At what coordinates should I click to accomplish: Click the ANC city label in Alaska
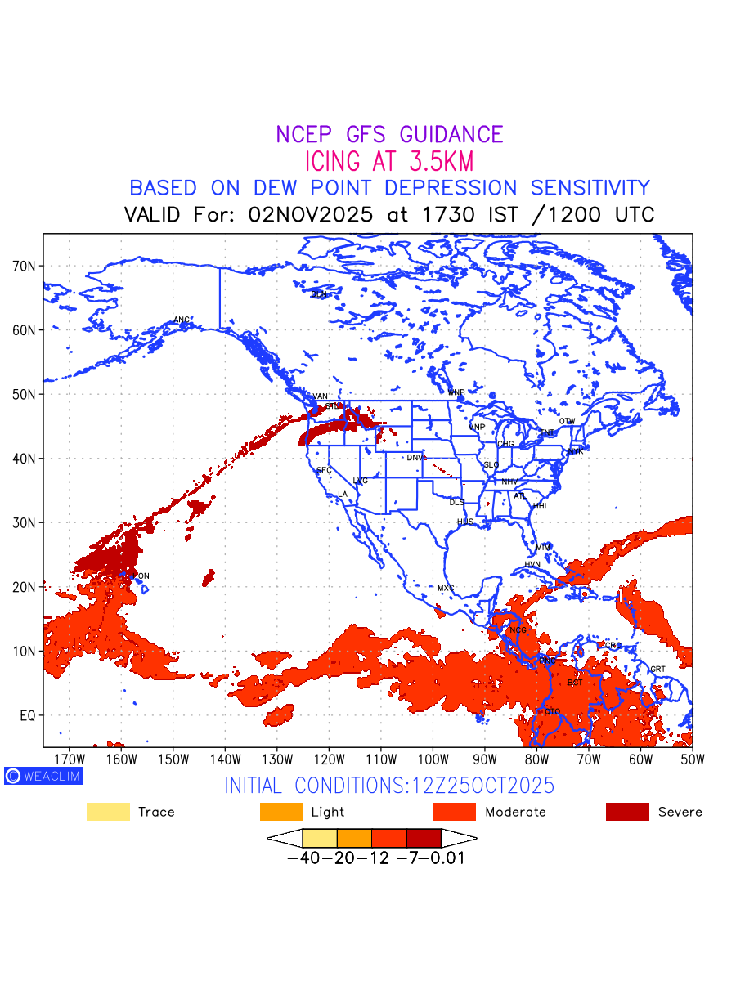pyautogui.click(x=182, y=320)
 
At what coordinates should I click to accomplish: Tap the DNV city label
pyautogui.click(x=415, y=458)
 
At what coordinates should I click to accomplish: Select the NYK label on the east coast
pyautogui.click(x=576, y=450)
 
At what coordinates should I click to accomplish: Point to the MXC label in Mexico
pyautogui.click(x=445, y=588)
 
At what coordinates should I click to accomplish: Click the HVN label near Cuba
pyautogui.click(x=532, y=565)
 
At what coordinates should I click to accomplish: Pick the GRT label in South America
pyautogui.click(x=657, y=670)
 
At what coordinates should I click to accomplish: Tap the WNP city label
pyautogui.click(x=456, y=393)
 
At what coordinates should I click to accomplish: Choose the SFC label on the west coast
pyautogui.click(x=324, y=470)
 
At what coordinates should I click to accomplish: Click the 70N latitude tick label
pyautogui.click(x=28, y=266)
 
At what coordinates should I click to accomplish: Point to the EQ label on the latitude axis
pyautogui.click(x=28, y=715)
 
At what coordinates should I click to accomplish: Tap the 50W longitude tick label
pyautogui.click(x=692, y=758)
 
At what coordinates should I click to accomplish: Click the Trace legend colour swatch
pyautogui.click(x=108, y=812)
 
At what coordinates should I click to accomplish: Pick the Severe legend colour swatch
pyautogui.click(x=627, y=812)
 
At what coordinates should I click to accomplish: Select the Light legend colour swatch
pyautogui.click(x=281, y=812)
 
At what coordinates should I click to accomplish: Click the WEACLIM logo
pyautogui.click(x=43, y=776)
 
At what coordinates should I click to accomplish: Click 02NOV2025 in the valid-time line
pyautogui.click(x=311, y=215)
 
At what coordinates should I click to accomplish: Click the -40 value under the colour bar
pyautogui.click(x=299, y=859)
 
